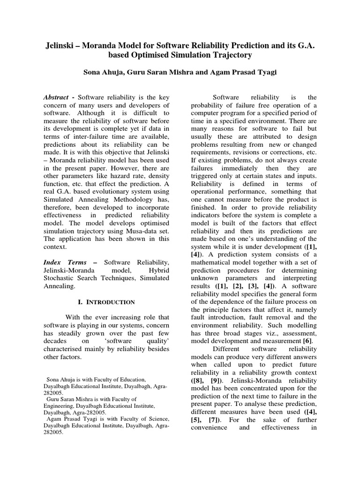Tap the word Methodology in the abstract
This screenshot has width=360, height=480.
point(147,187)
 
